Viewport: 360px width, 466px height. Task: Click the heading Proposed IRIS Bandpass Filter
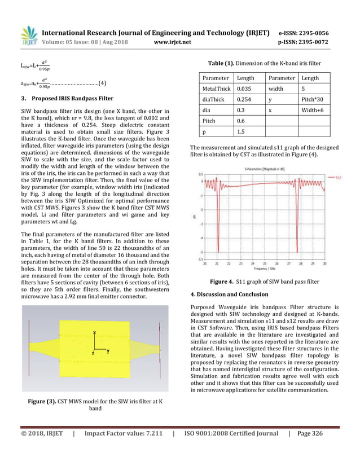click(70, 98)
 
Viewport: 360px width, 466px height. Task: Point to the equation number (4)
click(102, 84)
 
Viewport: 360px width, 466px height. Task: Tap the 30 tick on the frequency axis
click(324, 263)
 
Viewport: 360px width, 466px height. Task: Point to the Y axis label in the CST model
click(107, 351)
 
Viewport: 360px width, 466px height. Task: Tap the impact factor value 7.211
click(153, 450)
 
